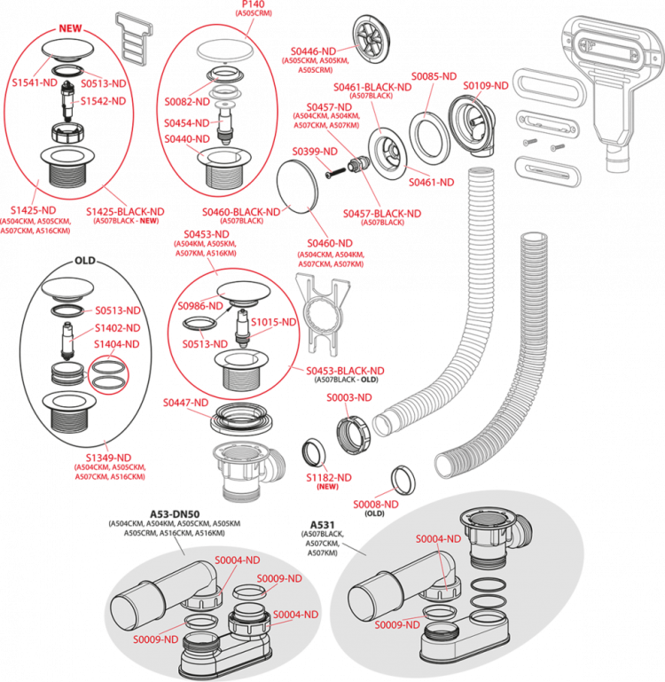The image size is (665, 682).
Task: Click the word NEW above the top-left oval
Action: [x=70, y=29]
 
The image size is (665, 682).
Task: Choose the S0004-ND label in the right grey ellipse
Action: [x=438, y=538]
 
